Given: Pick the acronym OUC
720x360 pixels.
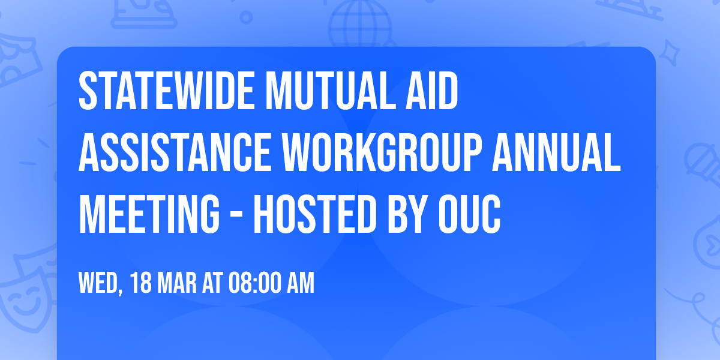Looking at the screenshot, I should point(472,217).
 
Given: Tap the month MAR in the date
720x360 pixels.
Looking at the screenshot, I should point(176,283).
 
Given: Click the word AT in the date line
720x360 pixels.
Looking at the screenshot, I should point(212,283).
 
